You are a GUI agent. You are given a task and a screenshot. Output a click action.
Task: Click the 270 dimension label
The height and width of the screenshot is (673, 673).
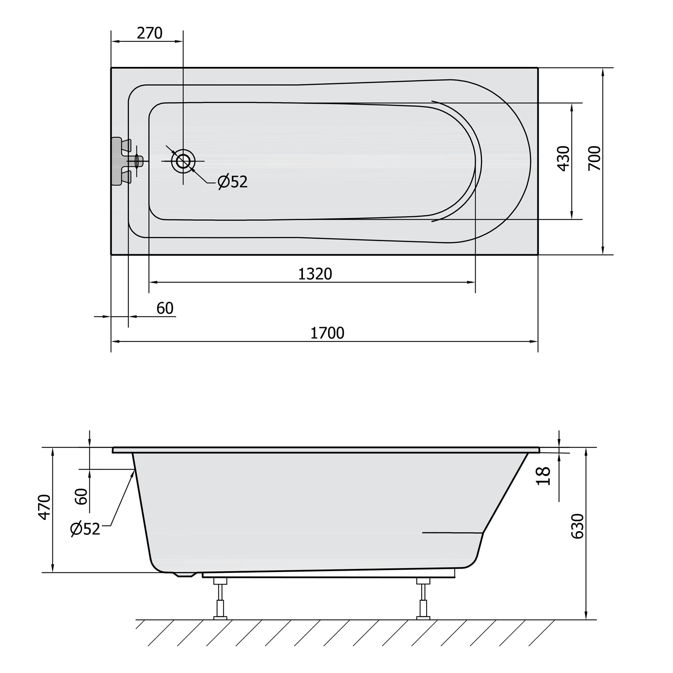(x=149, y=33)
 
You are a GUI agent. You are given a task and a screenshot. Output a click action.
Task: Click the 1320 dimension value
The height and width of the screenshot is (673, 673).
(x=315, y=274)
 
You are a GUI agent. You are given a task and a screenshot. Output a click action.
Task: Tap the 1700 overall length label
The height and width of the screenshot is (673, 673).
(x=328, y=333)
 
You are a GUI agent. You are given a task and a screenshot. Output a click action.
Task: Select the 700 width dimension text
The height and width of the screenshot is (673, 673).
(x=594, y=158)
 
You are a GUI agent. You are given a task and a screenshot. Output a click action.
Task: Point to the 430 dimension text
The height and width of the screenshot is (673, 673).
(x=564, y=158)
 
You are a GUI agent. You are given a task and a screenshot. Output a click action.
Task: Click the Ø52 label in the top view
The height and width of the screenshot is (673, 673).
(x=232, y=181)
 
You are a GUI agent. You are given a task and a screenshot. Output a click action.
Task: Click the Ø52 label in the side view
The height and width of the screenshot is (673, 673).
(x=85, y=529)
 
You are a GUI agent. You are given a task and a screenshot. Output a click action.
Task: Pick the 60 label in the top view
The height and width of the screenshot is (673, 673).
(x=165, y=308)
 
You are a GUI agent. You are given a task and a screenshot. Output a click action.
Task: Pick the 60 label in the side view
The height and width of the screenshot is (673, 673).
(x=82, y=497)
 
